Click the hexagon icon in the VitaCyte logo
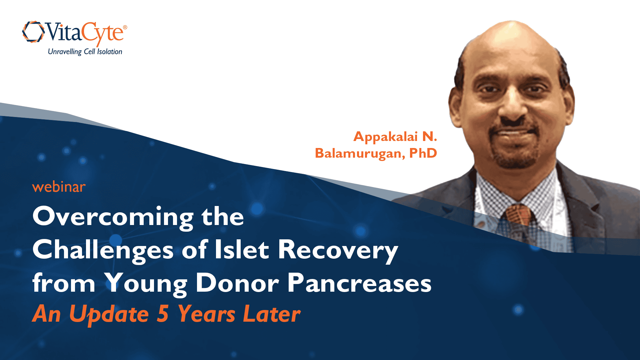(33, 32)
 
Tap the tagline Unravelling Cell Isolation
(85, 52)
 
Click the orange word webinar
(59, 187)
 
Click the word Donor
(237, 283)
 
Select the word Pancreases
(359, 283)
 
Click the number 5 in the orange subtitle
(163, 314)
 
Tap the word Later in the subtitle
(272, 314)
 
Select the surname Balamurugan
(360, 154)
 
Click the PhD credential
(423, 153)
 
